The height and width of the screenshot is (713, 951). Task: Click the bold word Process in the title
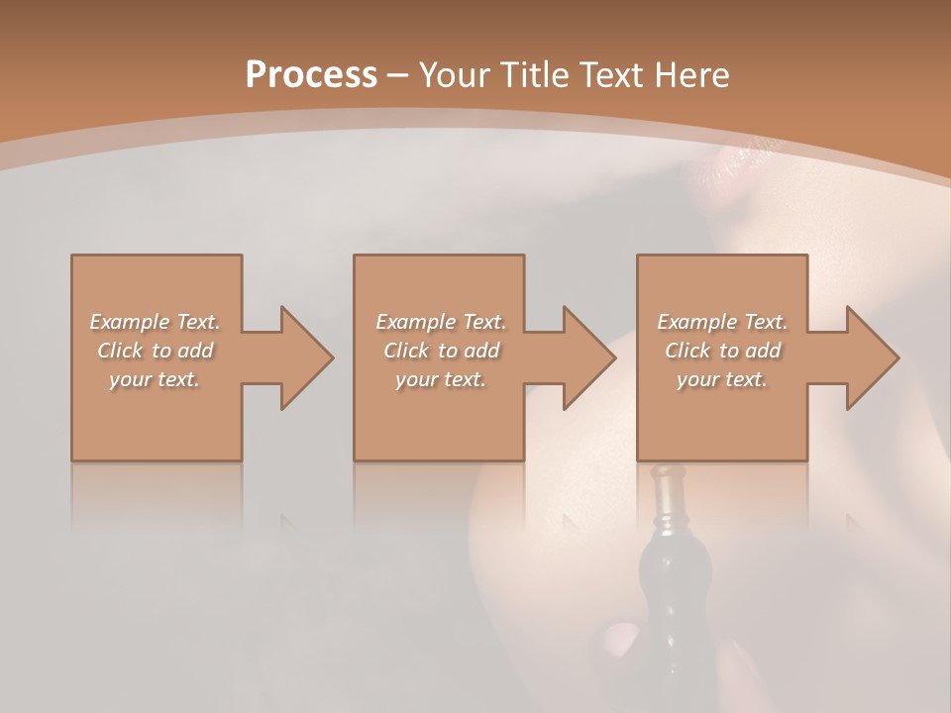pyautogui.click(x=311, y=75)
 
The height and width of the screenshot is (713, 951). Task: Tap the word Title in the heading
pyautogui.click(x=530, y=75)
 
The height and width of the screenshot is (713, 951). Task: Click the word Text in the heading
pyautogui.click(x=615, y=75)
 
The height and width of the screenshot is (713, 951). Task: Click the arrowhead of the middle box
pyautogui.click(x=588, y=357)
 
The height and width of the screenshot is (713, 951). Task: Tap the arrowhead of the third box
pyautogui.click(x=872, y=357)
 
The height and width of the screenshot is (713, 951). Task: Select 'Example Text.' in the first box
pyautogui.click(x=155, y=322)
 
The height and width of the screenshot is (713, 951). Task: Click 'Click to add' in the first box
pyautogui.click(x=155, y=351)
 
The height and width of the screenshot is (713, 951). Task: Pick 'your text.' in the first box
pyautogui.click(x=155, y=379)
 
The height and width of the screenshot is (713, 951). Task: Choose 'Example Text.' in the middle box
pyautogui.click(x=440, y=322)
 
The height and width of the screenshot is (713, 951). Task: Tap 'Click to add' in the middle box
pyautogui.click(x=440, y=351)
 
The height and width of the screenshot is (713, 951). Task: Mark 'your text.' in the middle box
pyautogui.click(x=440, y=379)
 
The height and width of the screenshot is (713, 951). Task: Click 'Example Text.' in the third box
pyautogui.click(x=722, y=322)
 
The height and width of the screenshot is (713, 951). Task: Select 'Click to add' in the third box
pyautogui.click(x=722, y=351)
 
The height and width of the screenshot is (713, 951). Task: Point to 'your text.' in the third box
pyautogui.click(x=722, y=379)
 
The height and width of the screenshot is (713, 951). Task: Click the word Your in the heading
pyautogui.click(x=457, y=75)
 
